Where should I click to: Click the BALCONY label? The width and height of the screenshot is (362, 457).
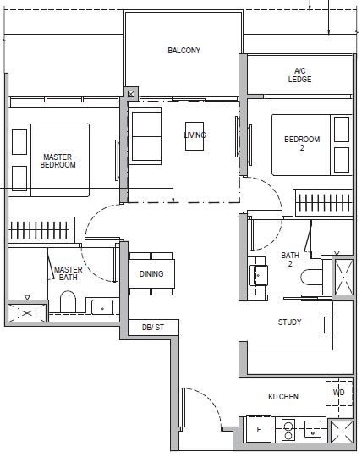click(x=184, y=51)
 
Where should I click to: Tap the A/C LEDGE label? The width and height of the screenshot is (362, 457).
click(x=299, y=75)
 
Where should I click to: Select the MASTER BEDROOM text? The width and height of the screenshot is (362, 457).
click(x=58, y=161)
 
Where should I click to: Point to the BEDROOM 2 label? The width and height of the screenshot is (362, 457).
click(x=302, y=143)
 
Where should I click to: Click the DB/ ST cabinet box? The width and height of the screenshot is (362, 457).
click(x=153, y=327)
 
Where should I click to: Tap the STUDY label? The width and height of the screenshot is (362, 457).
click(x=289, y=322)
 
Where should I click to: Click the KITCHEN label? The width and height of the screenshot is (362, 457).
click(x=283, y=396)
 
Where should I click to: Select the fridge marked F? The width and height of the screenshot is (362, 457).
click(x=259, y=429)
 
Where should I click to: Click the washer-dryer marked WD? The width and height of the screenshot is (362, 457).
click(x=339, y=393)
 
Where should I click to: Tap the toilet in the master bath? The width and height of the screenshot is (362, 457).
click(x=68, y=301)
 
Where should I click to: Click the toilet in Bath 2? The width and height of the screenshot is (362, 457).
click(x=311, y=277)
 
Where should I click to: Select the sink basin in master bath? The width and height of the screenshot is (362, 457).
click(x=102, y=307)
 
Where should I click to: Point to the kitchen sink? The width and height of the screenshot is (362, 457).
click(x=313, y=429)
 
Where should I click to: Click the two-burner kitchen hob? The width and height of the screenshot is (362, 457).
click(x=288, y=430)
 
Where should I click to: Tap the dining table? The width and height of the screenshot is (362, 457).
click(x=151, y=273)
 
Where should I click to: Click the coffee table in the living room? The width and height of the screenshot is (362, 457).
click(x=195, y=136)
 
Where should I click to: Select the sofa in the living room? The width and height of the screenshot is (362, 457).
click(x=145, y=136)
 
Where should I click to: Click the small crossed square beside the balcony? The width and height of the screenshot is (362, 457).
click(x=131, y=94)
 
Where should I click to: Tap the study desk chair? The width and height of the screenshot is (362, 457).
click(x=328, y=325)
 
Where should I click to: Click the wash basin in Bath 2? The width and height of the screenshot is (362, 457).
click(x=258, y=275)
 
